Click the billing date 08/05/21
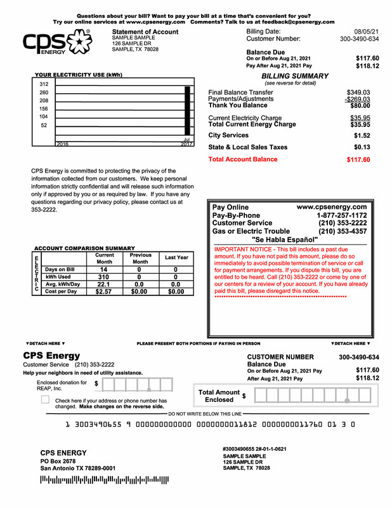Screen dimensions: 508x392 [366, 31]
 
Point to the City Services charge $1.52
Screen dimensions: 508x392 [362, 135]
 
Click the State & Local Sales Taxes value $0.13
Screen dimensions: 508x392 [362, 147]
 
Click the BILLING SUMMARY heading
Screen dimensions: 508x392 [295, 76]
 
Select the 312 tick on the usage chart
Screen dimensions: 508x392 [44, 84]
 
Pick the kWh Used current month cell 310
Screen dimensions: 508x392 [104, 277]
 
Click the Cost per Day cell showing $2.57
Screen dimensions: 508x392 [104, 291]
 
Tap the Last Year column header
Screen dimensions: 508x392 [176, 258]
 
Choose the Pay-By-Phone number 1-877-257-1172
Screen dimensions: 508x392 [341, 215]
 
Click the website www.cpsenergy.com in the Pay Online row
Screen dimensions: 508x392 [332, 207]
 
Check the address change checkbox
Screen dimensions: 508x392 [45, 399]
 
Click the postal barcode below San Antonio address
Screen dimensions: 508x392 [105, 480]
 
